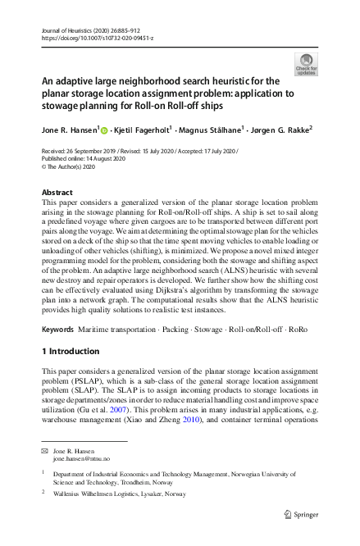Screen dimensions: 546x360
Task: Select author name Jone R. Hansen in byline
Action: pos(70,129)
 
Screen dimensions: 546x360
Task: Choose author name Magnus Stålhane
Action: pos(213,129)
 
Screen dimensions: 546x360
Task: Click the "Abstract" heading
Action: pos(57,193)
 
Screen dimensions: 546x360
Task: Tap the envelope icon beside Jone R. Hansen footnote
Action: pos(45,451)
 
